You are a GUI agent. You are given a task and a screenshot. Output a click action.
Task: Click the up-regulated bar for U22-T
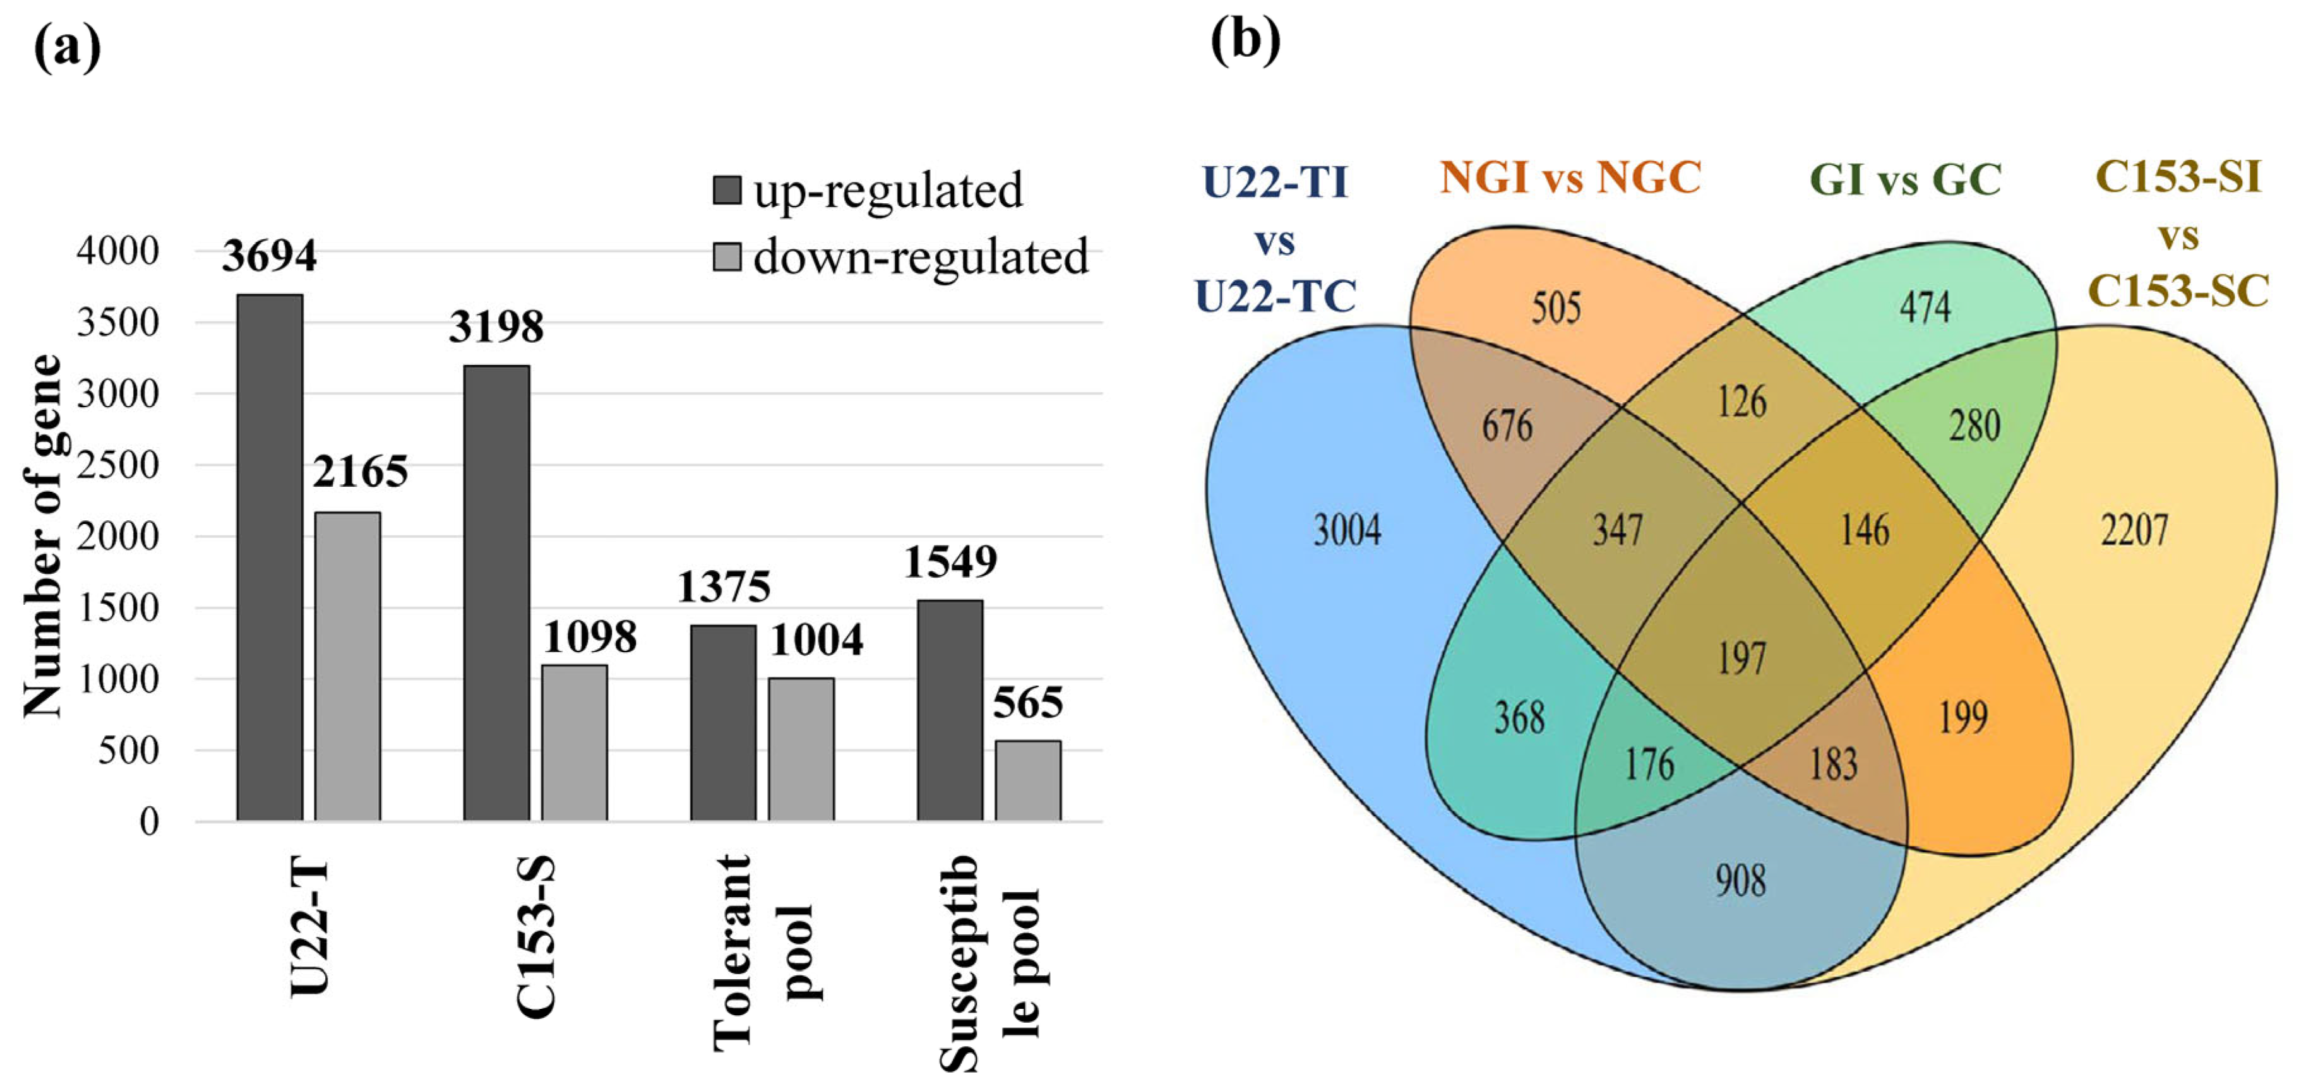(x=270, y=557)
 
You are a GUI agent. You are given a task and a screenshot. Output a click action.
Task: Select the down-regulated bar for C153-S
(x=574, y=742)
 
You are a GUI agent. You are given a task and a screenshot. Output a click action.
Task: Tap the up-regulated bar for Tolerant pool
(x=723, y=723)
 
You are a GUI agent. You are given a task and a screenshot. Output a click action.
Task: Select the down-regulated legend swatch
(x=727, y=257)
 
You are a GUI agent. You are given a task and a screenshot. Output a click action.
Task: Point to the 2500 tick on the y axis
(x=118, y=465)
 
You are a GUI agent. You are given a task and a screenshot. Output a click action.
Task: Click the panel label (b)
(x=1245, y=40)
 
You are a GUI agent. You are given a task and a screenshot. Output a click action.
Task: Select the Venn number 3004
(x=1347, y=530)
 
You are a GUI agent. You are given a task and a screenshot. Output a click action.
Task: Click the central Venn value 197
(x=1741, y=658)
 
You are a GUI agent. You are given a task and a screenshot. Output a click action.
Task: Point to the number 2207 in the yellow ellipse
(x=2134, y=530)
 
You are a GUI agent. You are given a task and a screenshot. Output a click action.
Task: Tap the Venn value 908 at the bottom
(x=1740, y=881)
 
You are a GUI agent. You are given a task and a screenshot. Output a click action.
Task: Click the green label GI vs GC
(x=1906, y=179)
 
